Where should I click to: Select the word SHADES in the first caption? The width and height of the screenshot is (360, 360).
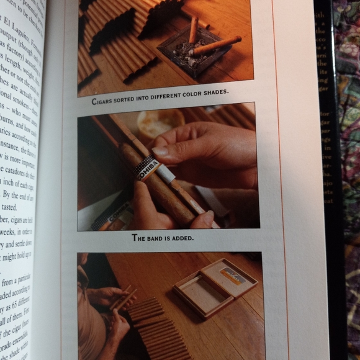212,92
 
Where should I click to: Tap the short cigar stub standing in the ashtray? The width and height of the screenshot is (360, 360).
194,29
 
